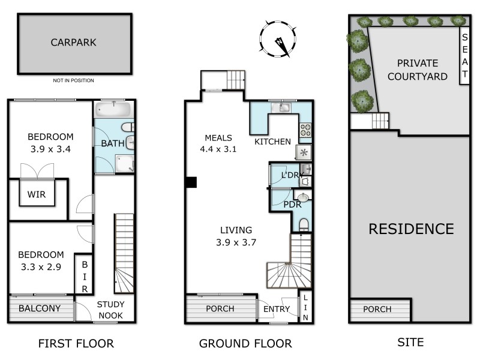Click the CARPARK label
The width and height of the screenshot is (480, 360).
[74, 43]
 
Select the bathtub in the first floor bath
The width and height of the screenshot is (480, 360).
[112, 110]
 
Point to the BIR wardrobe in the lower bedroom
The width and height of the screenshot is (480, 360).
[85, 275]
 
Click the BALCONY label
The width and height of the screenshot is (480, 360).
[39, 308]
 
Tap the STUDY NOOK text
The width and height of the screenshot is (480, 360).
[110, 310]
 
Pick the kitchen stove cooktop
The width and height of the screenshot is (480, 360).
[305, 130]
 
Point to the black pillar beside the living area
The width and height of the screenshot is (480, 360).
[191, 183]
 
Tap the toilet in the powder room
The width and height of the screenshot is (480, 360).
[304, 224]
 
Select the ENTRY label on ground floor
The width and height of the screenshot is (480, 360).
[277, 310]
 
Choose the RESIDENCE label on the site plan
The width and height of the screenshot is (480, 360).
[411, 229]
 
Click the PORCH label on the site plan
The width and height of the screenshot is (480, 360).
[377, 310]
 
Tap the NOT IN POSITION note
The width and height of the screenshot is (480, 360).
[73, 80]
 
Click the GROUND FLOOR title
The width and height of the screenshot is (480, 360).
[245, 344]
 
